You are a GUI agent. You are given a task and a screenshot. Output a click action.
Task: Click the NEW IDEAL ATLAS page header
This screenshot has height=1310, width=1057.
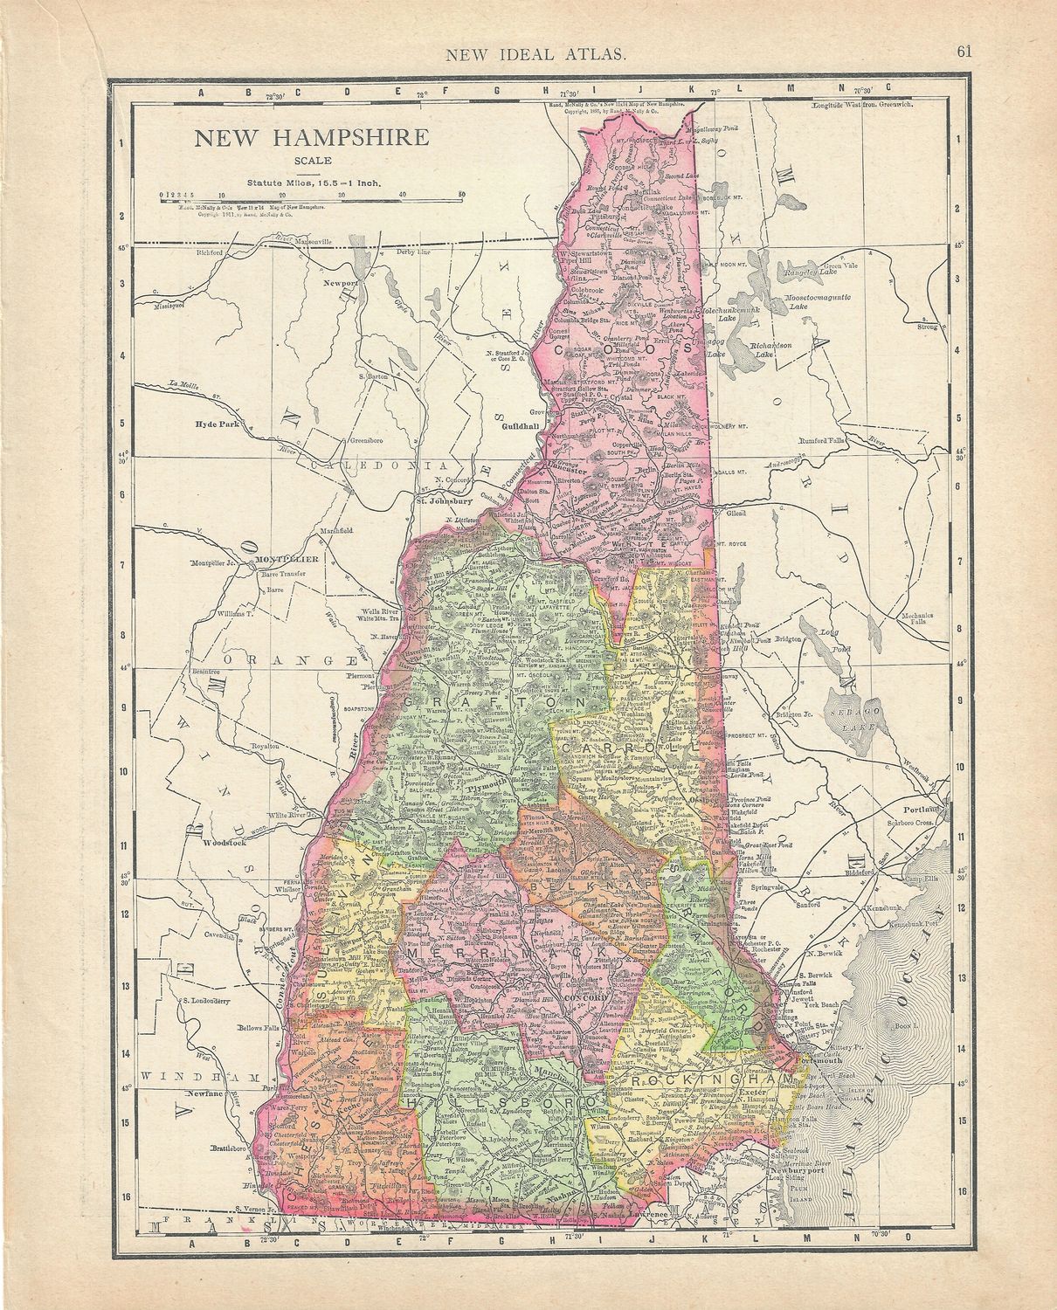pyautogui.click(x=547, y=55)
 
